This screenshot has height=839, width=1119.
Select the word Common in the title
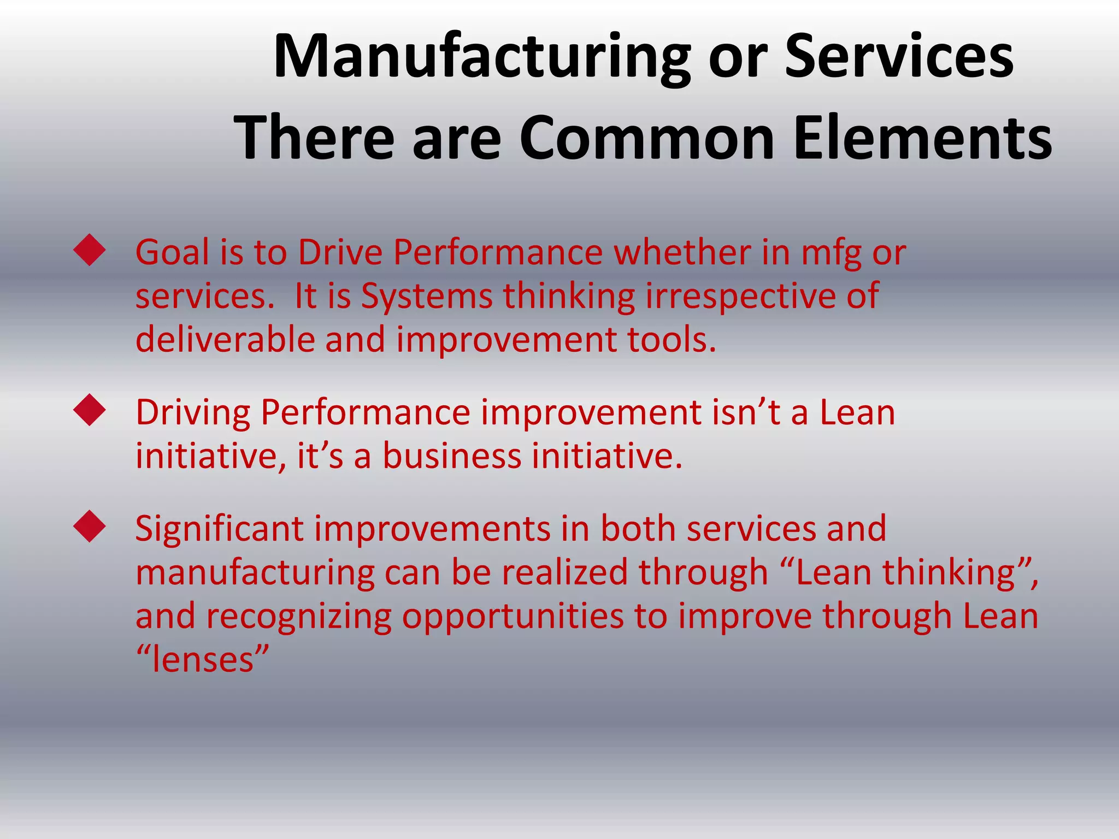tap(646, 138)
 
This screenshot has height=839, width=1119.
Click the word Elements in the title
tap(922, 138)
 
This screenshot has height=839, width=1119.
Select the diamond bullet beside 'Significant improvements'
tap(89, 527)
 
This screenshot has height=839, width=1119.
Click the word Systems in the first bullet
tap(427, 297)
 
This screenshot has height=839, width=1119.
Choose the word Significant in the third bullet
tap(219, 529)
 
